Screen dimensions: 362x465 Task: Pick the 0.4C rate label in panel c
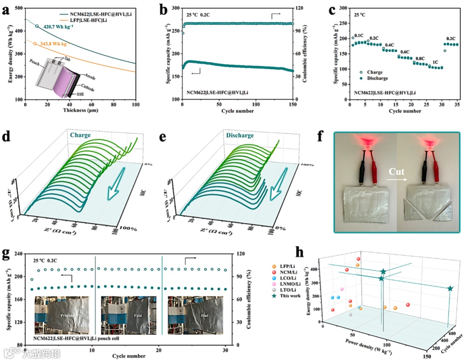[x=389, y=45]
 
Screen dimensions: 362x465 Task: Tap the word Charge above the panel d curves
[x=81, y=135]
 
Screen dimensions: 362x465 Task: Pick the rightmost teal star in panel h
[x=450, y=288]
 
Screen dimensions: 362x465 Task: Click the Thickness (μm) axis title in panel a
[x=81, y=111]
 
